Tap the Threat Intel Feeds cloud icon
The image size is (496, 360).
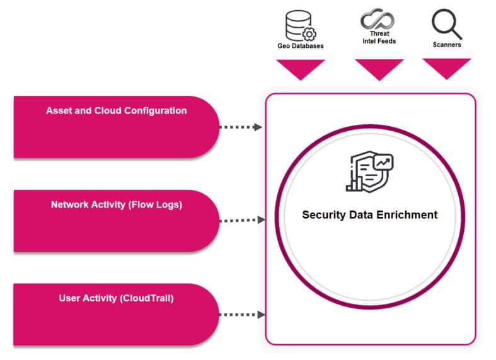(x=378, y=19)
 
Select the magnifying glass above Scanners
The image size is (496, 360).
(x=447, y=24)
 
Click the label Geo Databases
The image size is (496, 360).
(x=301, y=46)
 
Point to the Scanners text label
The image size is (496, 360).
(x=447, y=45)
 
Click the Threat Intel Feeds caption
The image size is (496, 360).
(x=379, y=37)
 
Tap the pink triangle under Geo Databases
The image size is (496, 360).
(x=301, y=69)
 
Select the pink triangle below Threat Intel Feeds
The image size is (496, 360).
(x=379, y=69)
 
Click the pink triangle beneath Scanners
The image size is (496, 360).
(x=447, y=69)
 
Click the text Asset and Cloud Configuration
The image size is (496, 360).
(x=117, y=111)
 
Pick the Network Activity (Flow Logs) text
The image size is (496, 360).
(x=117, y=205)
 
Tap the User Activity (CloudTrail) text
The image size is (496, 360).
(x=117, y=298)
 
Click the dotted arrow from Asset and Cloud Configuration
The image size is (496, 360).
(x=241, y=127)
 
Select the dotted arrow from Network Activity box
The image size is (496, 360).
(x=242, y=220)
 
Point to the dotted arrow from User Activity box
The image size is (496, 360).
(x=242, y=315)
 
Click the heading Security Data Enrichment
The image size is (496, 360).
(x=370, y=215)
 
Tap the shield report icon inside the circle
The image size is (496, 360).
(x=369, y=171)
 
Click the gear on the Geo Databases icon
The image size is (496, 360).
(x=309, y=34)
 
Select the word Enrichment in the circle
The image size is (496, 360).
(x=407, y=215)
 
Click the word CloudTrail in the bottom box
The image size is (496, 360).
(x=146, y=298)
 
